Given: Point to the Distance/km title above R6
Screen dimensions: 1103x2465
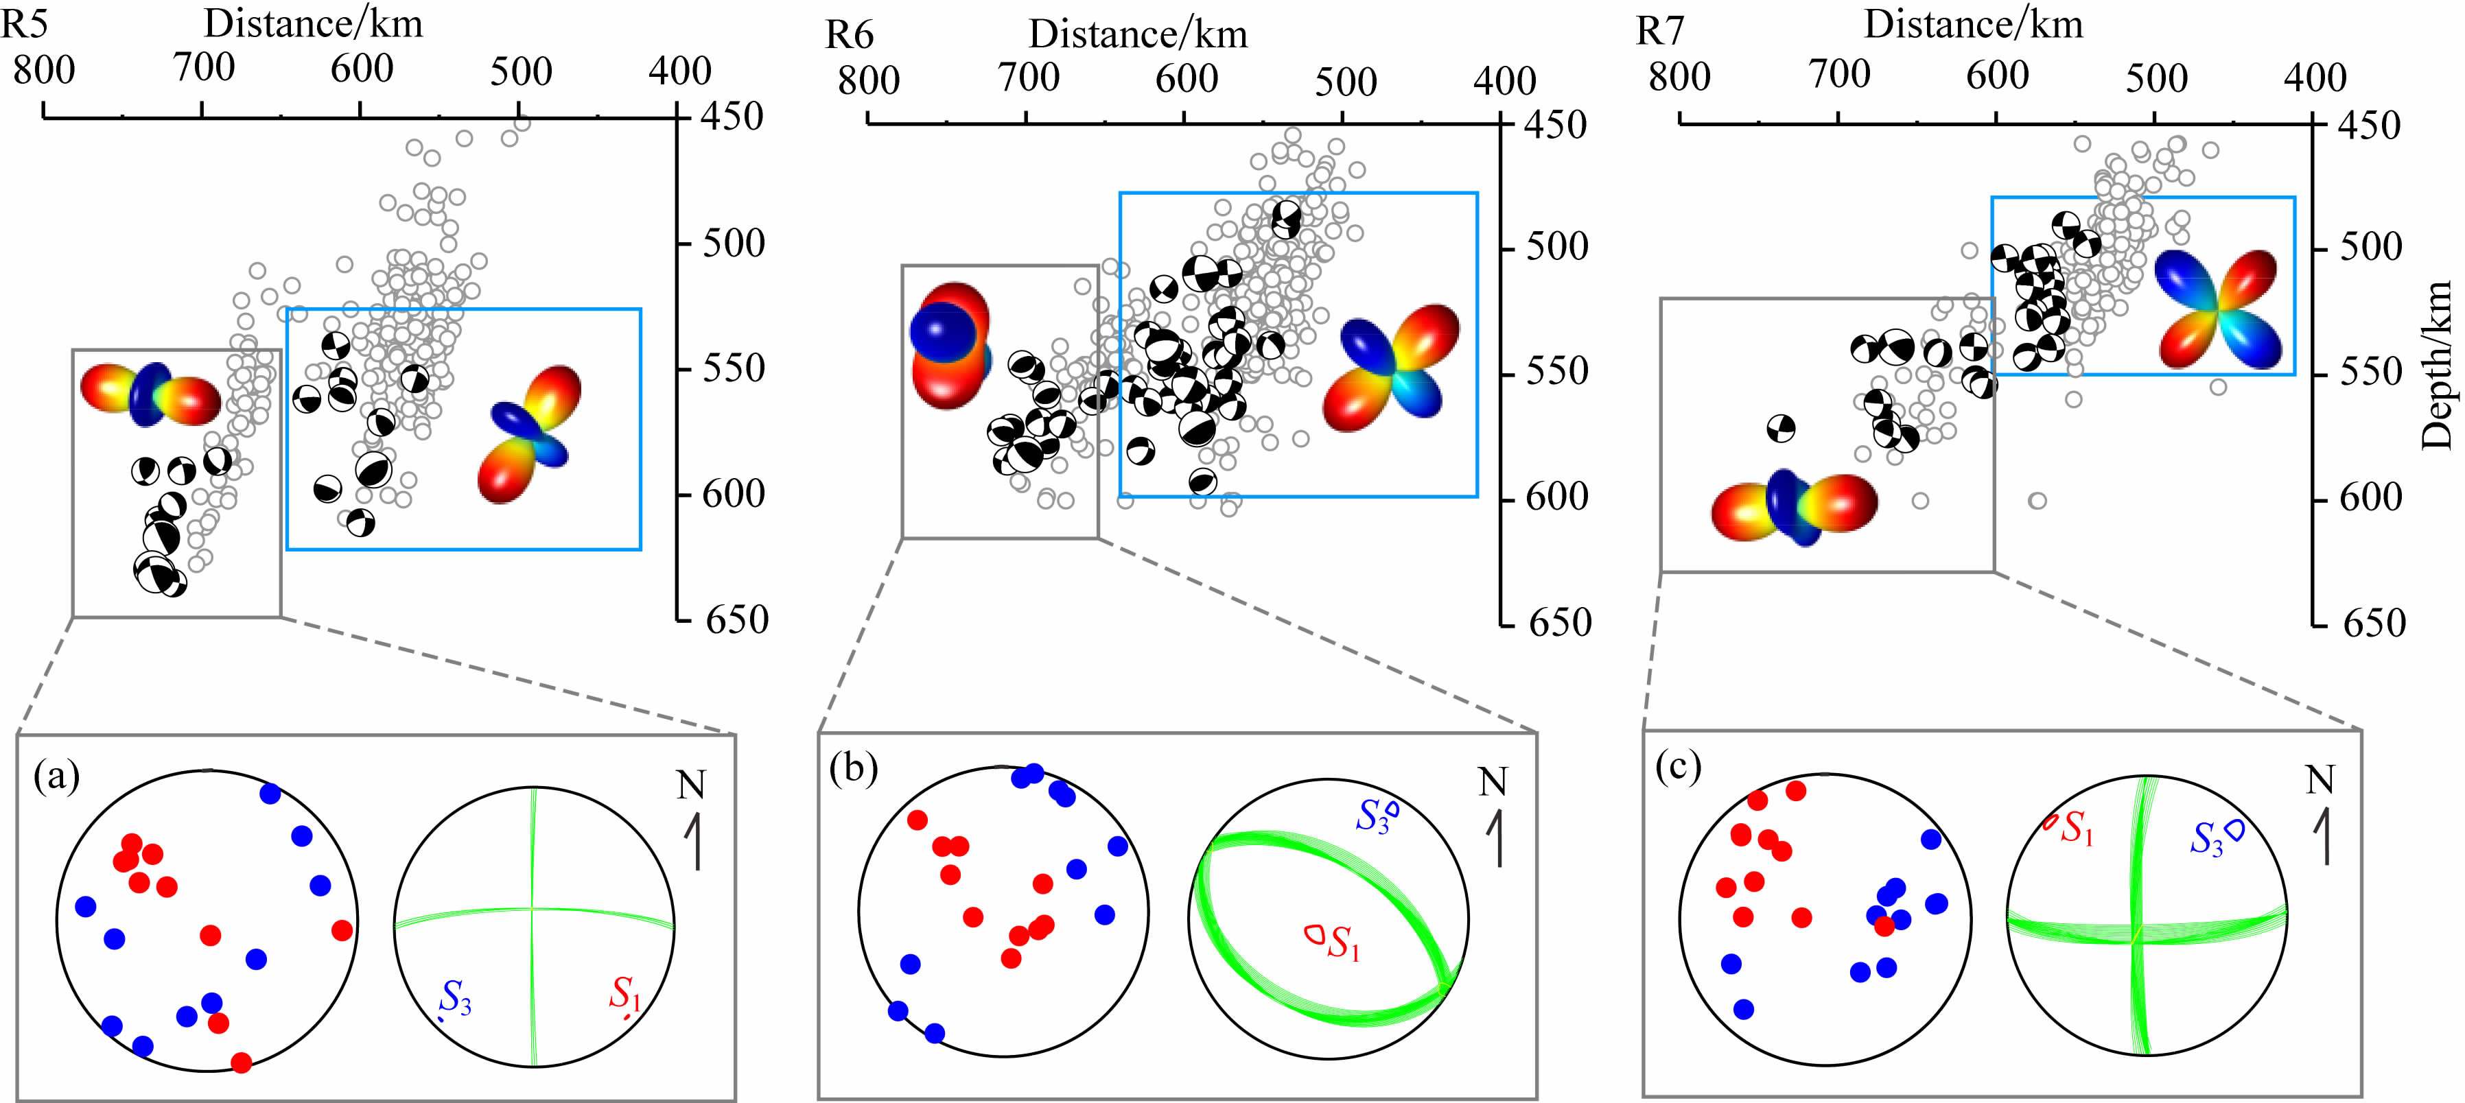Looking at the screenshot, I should [1138, 34].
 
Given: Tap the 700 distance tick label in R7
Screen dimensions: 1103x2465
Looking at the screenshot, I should [1839, 75].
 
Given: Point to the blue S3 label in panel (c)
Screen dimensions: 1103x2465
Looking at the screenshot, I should [2207, 840].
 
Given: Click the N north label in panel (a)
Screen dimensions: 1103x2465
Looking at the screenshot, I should [691, 785].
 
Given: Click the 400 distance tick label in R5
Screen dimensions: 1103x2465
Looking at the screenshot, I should [679, 71].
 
